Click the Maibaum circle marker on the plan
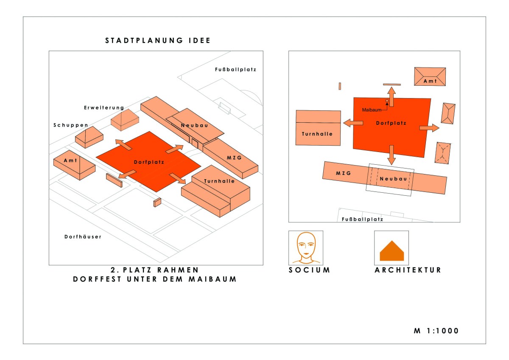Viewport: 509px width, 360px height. click(387, 101)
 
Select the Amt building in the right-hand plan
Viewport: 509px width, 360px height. click(430, 77)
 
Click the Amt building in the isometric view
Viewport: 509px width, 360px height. click(74, 164)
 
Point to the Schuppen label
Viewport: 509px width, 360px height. click(71, 125)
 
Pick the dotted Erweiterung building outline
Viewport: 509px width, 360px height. click(125, 119)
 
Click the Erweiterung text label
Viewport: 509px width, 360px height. click(104, 108)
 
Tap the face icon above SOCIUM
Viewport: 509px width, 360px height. click(306, 247)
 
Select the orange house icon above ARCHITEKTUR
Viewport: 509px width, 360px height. click(392, 251)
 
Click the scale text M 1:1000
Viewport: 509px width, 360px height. click(436, 331)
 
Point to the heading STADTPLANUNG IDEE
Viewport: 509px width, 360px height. click(158, 41)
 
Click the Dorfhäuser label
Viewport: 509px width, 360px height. click(83, 236)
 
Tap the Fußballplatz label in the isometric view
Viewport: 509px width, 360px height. click(235, 69)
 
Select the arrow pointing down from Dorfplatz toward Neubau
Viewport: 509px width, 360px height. click(391, 155)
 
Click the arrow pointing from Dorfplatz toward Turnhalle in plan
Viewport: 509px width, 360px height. click(353, 123)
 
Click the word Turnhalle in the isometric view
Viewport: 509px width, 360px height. click(219, 181)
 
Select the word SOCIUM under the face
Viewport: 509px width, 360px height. click(309, 270)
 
